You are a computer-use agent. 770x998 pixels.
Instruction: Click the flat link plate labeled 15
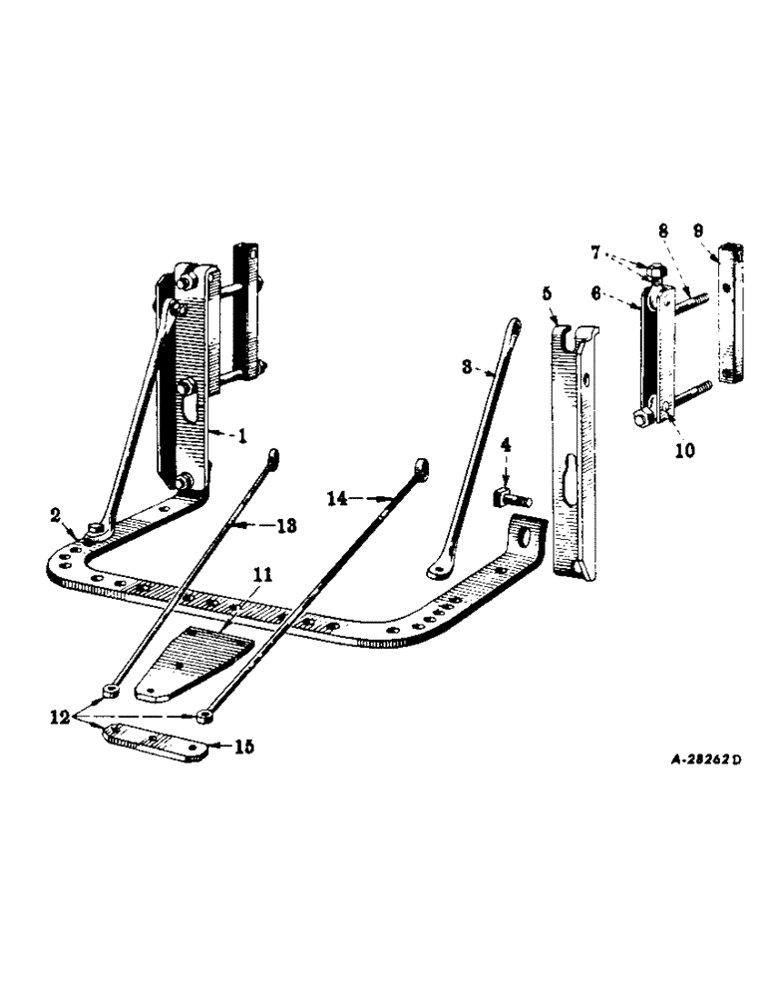155,742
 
